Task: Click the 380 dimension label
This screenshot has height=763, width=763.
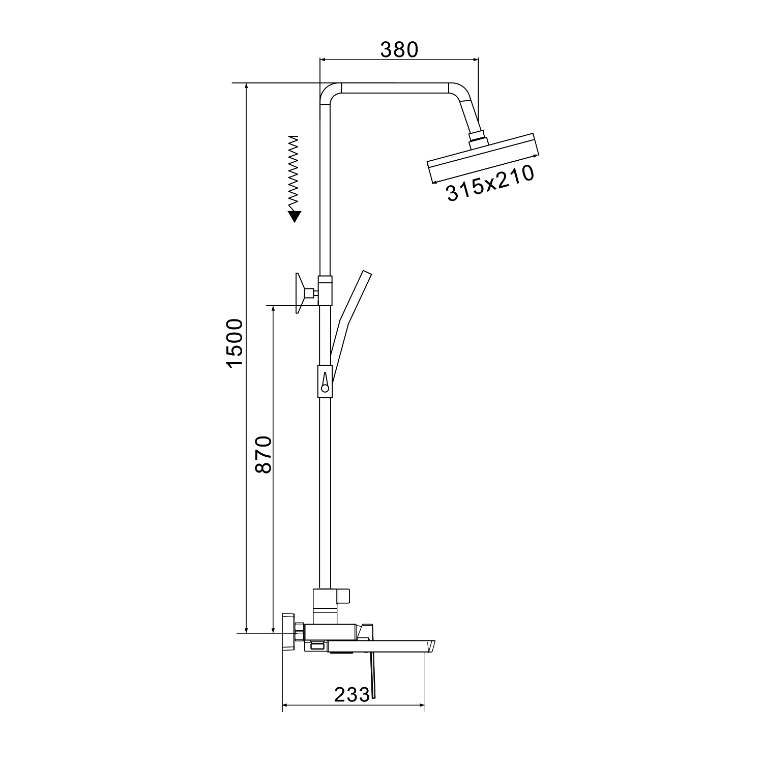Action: click(x=399, y=49)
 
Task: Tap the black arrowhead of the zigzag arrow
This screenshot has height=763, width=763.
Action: click(x=294, y=216)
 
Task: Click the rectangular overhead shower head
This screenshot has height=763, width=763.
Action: click(x=482, y=158)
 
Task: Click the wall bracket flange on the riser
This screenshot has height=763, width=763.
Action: click(x=300, y=294)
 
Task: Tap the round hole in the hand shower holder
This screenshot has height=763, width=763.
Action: click(x=325, y=389)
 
